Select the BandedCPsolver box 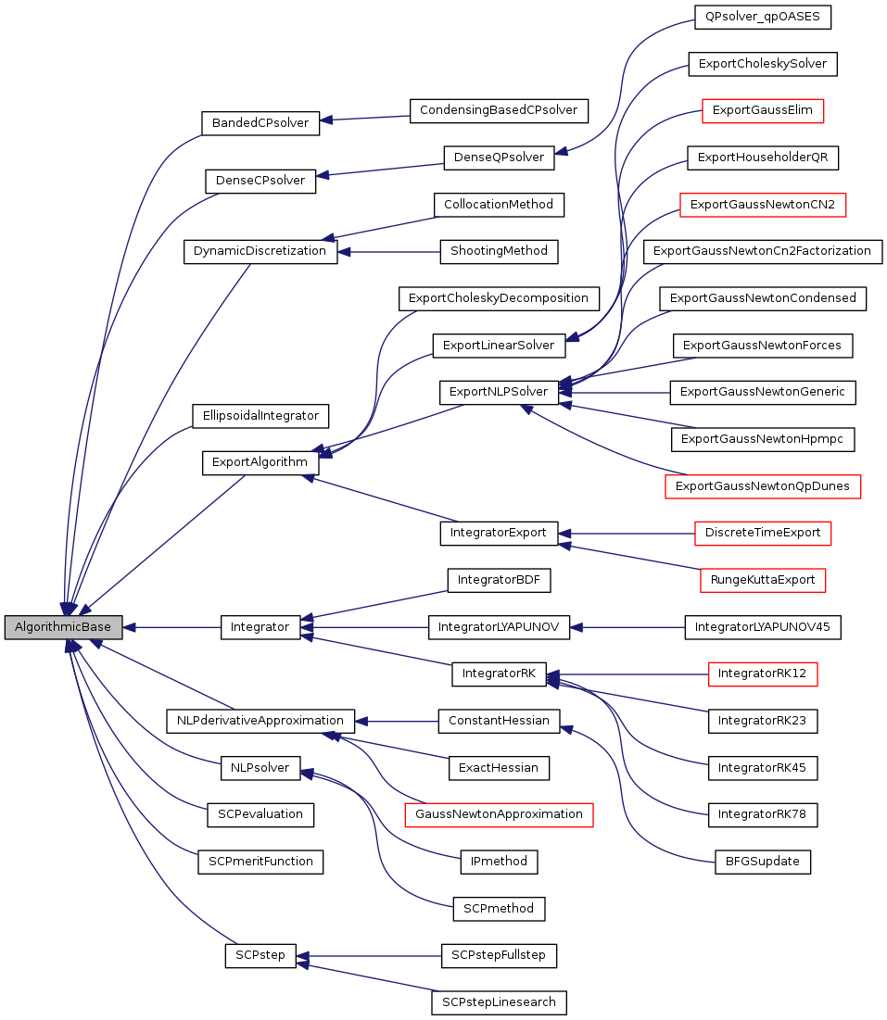pos(260,123)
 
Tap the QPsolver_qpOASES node pos(763,16)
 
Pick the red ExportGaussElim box pos(763,111)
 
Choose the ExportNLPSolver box pos(500,392)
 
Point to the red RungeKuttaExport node pos(762,581)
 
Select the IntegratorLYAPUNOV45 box pos(763,628)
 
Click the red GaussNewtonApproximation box pos(499,814)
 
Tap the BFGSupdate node pos(762,862)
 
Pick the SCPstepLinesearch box pos(499,1002)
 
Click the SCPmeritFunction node pos(260,862)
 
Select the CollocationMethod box pos(499,204)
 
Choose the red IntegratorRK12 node pos(762,674)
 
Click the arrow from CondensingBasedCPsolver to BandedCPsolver pos(365,118)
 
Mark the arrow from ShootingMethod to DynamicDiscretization pos(388,251)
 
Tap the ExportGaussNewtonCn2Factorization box pos(762,251)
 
